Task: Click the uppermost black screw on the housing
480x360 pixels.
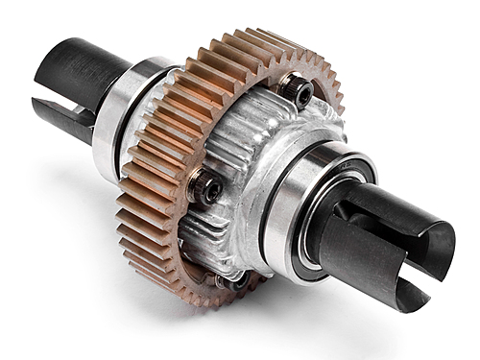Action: click(299, 92)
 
